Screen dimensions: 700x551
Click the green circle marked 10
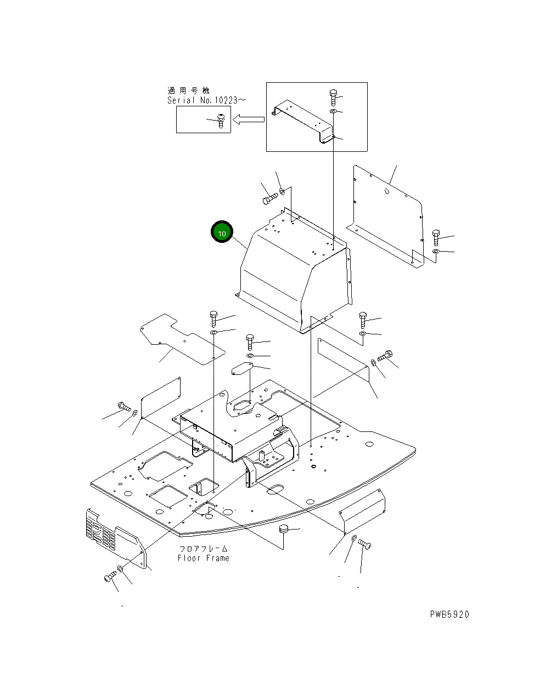[x=222, y=233]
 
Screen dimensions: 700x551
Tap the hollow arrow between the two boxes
[x=248, y=119]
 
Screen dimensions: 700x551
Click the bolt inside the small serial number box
[x=221, y=121]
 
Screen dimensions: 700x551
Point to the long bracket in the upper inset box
[x=303, y=121]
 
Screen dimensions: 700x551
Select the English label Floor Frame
[x=203, y=558]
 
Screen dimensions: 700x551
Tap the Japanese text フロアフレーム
[x=203, y=549]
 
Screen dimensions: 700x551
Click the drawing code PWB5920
[x=449, y=614]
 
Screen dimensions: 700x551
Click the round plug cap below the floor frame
[x=284, y=529]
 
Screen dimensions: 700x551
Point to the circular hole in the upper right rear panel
[x=387, y=191]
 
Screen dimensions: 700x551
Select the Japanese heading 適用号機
[x=188, y=90]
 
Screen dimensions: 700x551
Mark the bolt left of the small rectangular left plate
[x=124, y=406]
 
